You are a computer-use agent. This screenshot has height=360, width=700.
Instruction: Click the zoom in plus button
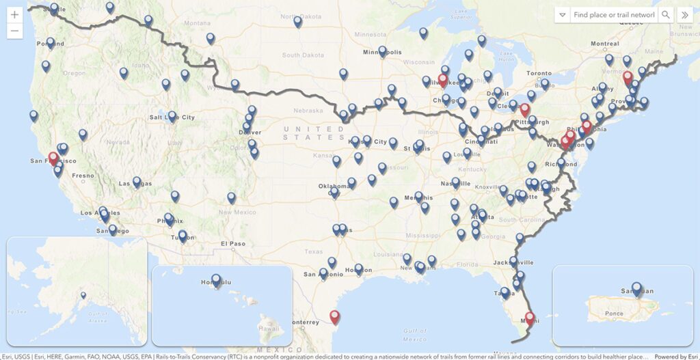(15, 14)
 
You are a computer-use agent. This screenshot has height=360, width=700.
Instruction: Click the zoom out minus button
(15, 31)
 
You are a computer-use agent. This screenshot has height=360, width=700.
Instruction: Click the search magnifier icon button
(665, 15)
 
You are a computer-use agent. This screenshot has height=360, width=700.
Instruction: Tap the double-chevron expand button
(684, 15)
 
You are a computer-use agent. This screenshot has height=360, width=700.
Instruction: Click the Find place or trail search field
(613, 15)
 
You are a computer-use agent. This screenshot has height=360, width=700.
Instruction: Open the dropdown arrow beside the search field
(562, 15)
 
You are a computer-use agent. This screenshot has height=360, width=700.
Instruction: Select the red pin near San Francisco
(53, 159)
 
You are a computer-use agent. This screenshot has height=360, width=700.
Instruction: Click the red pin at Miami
(530, 318)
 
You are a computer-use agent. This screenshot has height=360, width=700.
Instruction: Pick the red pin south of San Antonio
(334, 316)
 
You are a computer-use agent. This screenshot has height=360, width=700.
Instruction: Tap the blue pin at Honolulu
(217, 280)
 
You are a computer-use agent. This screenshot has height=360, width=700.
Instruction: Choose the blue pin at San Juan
(637, 289)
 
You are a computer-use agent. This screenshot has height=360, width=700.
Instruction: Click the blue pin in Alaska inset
(83, 296)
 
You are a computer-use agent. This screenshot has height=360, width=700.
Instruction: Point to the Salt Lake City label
(172, 117)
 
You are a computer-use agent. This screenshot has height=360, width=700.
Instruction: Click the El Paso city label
(232, 243)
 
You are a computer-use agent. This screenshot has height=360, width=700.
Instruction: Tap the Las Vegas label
(135, 184)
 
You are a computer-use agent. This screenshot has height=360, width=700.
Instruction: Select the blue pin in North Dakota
(298, 22)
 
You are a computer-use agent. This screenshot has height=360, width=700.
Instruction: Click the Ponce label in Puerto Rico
(614, 314)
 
